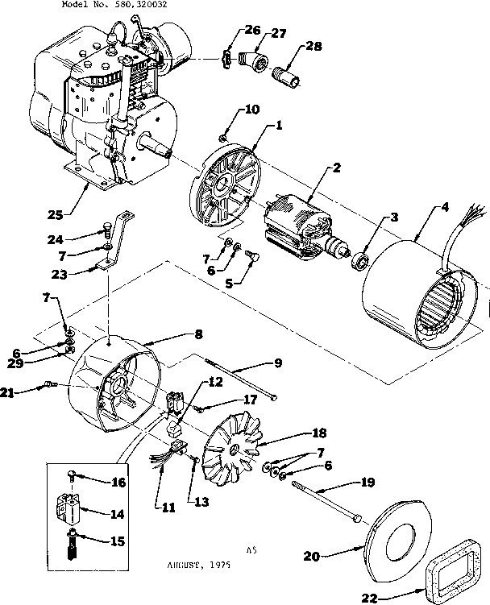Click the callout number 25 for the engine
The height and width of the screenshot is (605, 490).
tap(55, 214)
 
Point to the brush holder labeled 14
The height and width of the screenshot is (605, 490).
tap(75, 511)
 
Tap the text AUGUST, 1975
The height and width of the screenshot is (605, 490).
tap(197, 565)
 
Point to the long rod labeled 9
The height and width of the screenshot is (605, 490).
tap(241, 379)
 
